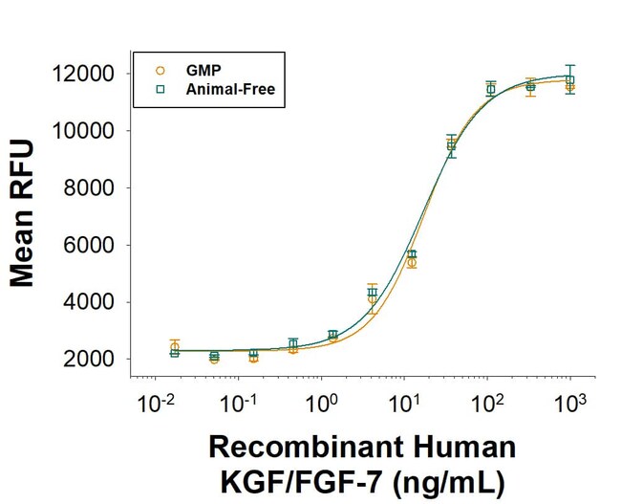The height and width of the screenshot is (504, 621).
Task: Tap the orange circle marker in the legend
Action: [x=161, y=70]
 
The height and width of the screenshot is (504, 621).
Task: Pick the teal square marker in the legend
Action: [x=161, y=89]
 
